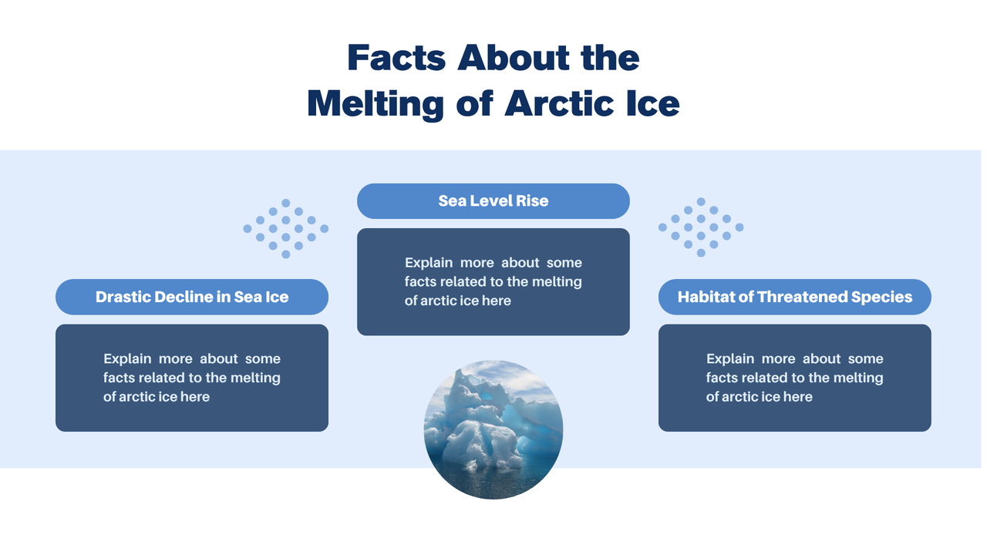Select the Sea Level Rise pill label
click(493, 201)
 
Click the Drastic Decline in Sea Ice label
click(192, 297)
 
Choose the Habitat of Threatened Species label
click(795, 297)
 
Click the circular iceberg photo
click(493, 429)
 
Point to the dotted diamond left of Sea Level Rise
click(285, 228)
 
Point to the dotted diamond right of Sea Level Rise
click(701, 227)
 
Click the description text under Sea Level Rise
click(493, 282)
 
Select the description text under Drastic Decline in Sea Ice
click(192, 378)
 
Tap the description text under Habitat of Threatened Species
click(795, 378)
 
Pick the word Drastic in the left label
click(123, 297)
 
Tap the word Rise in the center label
click(532, 201)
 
